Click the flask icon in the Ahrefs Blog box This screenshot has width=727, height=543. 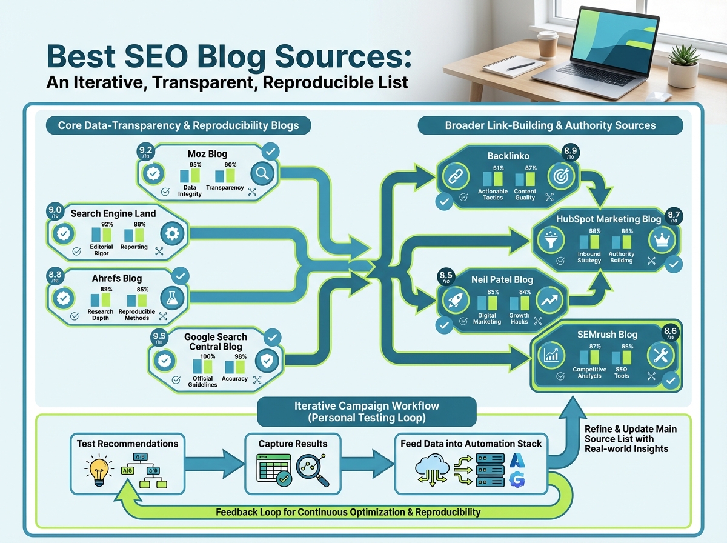[173, 298]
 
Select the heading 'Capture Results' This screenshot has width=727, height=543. [293, 444]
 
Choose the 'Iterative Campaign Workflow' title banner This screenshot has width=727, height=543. [367, 412]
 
